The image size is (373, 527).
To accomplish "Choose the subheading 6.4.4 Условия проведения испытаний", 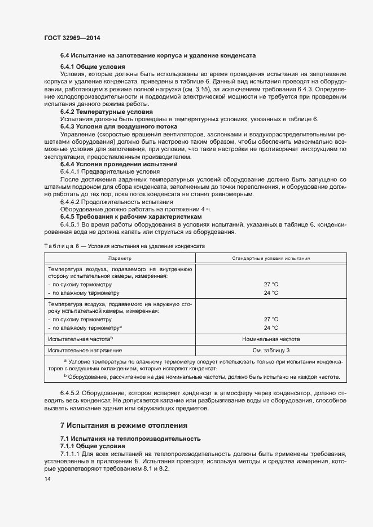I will pos(119,164).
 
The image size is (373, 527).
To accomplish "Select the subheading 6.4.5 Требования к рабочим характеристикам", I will pos(130,216).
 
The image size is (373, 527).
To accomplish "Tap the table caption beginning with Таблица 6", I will pos(124,247).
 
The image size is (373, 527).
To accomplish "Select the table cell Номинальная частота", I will pos(271,339).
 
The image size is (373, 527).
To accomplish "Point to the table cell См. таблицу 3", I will pos(271,350).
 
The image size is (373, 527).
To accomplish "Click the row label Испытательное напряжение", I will pos(81,350).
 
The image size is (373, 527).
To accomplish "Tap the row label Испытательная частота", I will pos(80,339).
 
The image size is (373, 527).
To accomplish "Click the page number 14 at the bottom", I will pos(47,479).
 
